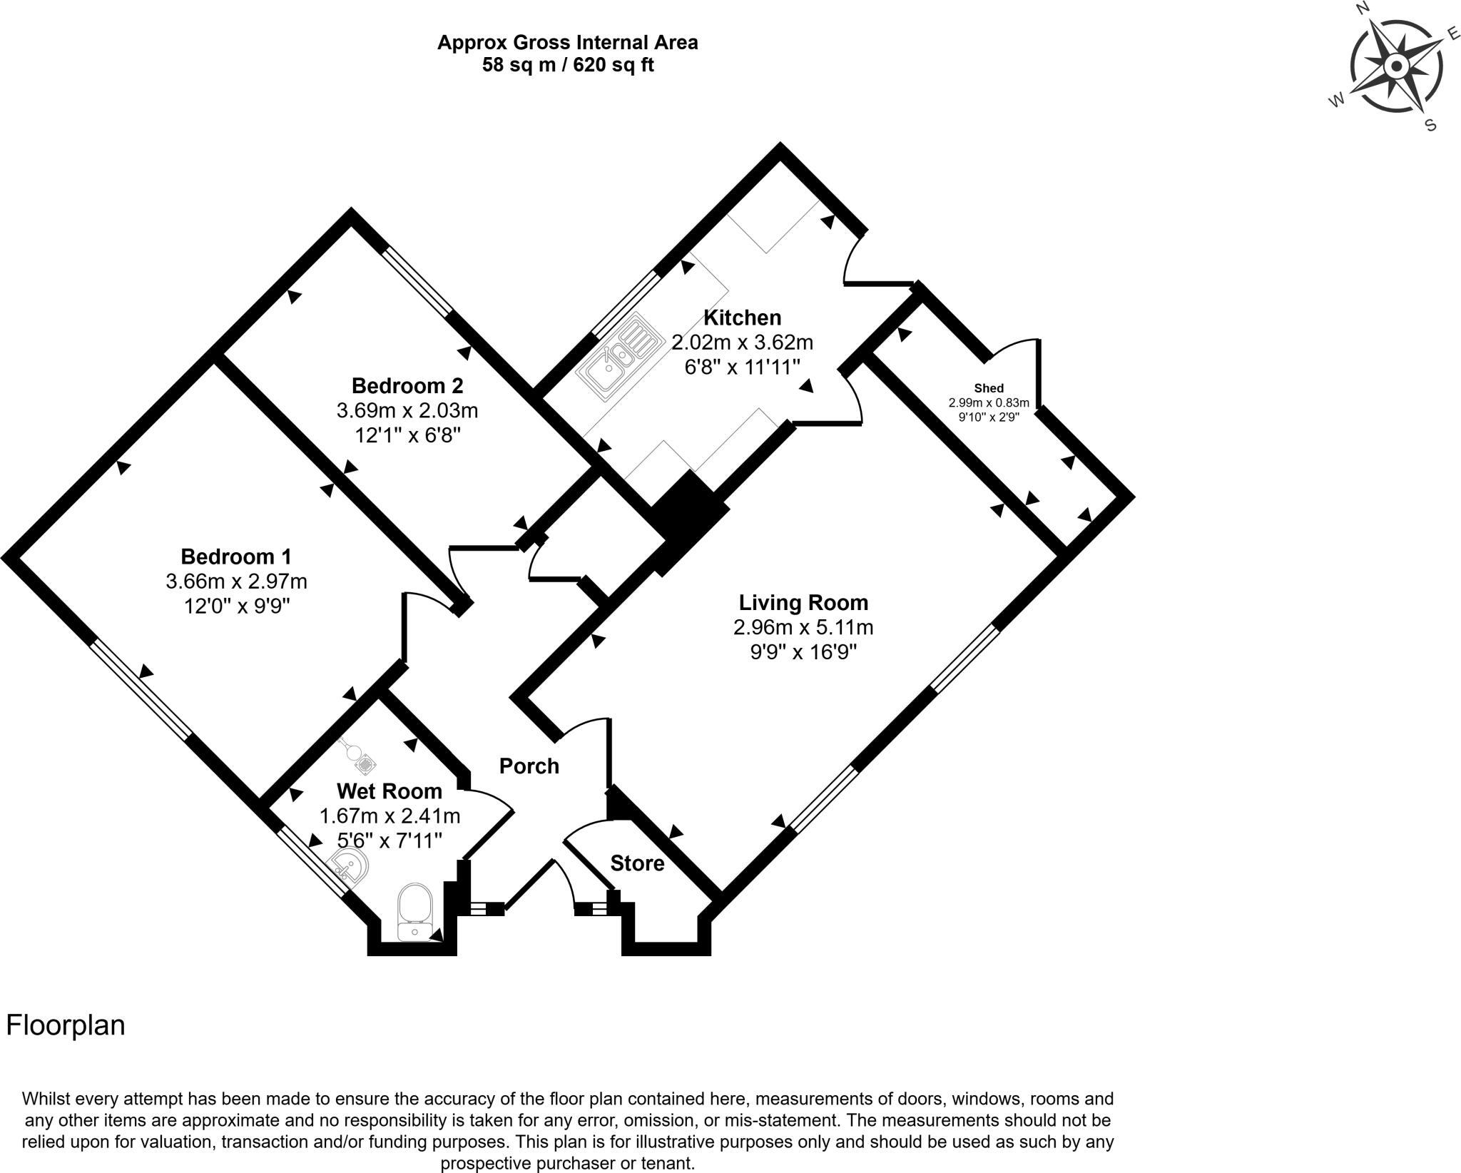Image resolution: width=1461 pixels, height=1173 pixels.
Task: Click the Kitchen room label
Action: [742, 318]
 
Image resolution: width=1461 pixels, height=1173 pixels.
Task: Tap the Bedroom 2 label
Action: [407, 386]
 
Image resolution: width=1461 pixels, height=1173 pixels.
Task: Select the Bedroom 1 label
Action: [235, 557]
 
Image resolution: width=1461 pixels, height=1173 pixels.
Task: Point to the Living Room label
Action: [803, 603]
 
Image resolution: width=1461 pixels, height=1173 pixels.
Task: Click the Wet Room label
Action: [390, 791]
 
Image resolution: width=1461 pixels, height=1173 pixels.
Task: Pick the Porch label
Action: [529, 766]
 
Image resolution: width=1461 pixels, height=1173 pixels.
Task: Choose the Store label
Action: [637, 864]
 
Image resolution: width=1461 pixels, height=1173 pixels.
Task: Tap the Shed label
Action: [989, 389]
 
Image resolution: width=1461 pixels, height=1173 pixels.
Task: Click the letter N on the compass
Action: [1362, 8]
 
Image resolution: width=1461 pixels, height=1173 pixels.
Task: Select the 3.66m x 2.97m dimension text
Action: [236, 582]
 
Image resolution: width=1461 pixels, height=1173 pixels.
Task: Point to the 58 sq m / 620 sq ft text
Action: [568, 66]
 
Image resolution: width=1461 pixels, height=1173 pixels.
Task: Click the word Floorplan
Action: [66, 1025]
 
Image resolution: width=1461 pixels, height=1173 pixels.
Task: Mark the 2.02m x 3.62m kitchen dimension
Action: [742, 342]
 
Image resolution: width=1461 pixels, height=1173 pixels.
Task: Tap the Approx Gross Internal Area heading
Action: [568, 43]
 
